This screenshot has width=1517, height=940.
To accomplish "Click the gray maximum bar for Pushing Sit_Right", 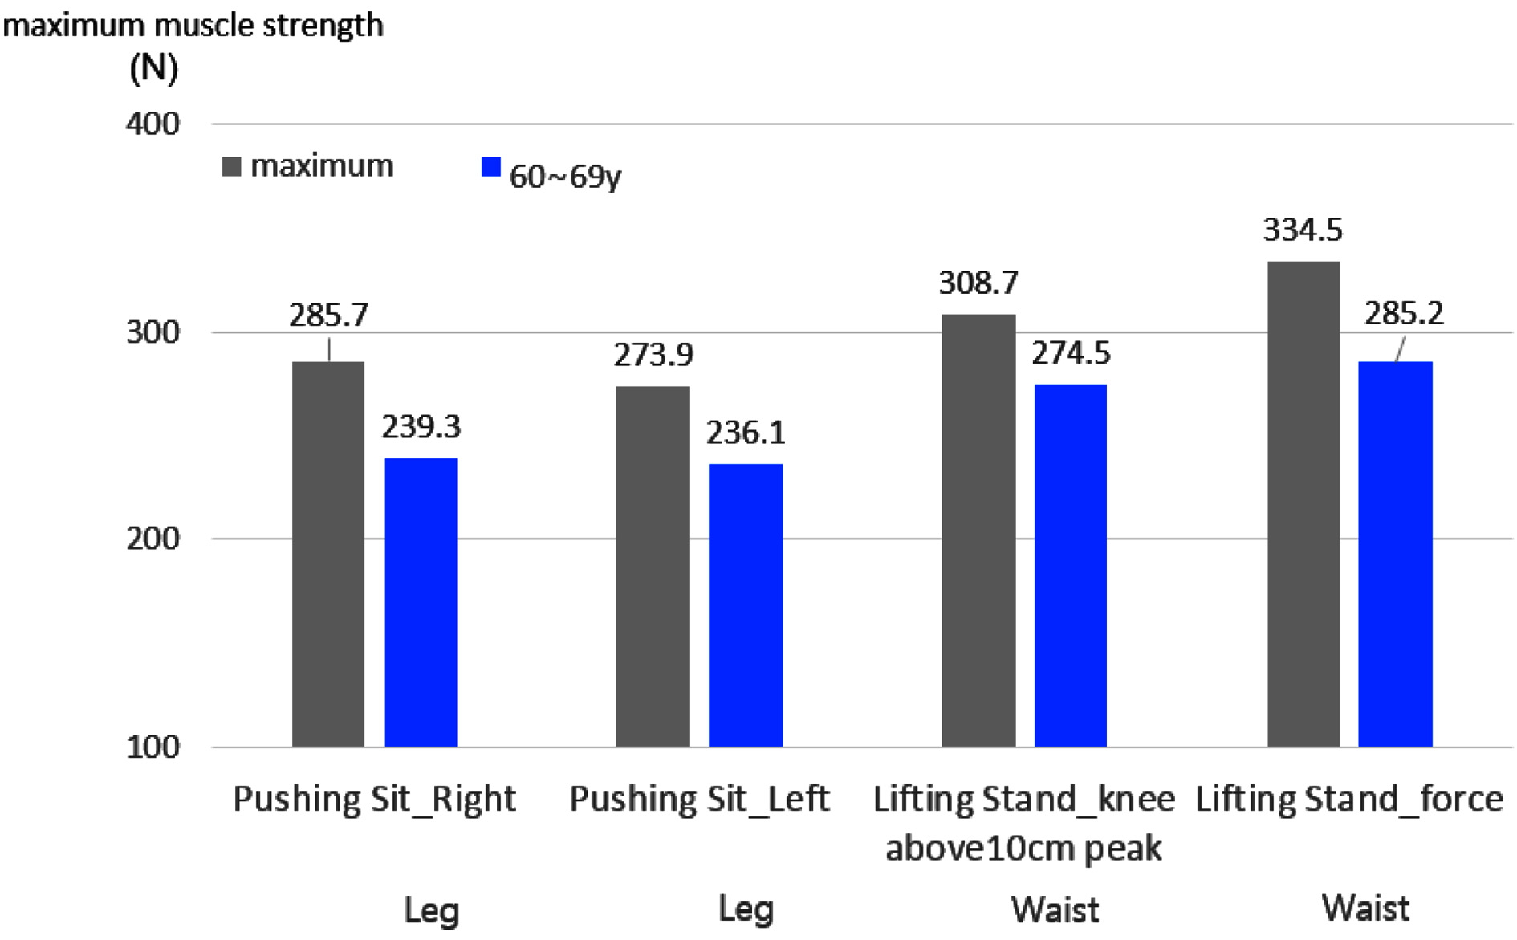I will coord(327,554).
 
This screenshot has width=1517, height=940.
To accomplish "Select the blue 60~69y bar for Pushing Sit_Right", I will coord(421,602).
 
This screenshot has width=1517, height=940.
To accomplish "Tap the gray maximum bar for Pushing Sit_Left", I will coord(653,566).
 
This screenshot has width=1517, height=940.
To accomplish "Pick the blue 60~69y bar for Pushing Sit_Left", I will coord(745,605).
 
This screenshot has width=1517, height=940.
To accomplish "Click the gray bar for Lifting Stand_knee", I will coord(978,530).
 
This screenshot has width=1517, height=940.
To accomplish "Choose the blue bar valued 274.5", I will coord(1070,565).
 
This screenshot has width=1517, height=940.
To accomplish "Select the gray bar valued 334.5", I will coord(1303,504).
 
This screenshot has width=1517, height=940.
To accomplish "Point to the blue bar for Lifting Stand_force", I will coord(1395,554).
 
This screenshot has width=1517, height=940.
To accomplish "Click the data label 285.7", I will coord(328,315).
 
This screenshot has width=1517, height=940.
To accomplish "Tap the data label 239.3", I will coord(421,427).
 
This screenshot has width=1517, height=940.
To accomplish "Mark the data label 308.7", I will coord(978,283).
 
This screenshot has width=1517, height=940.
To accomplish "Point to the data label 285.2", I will coord(1404,313).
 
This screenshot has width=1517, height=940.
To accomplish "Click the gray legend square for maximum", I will coord(231,167).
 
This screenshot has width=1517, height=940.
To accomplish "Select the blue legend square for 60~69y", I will coord(490,167).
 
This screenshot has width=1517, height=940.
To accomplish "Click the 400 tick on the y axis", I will coord(153,124).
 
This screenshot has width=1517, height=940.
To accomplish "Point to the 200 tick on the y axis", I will coord(153,539).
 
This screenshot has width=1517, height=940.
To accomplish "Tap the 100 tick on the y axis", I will coord(153,747).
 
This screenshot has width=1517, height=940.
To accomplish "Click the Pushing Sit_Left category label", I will coord(699,799).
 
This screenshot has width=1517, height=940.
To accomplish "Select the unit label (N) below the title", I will coord(153,68).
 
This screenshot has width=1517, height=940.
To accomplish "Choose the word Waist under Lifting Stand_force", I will coord(1365,909).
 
